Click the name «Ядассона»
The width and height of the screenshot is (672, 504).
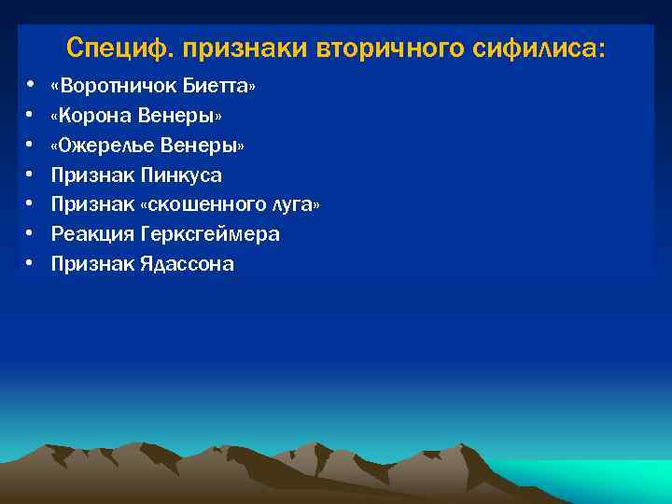pos(188,264)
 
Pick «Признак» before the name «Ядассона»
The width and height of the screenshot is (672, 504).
pos(92,264)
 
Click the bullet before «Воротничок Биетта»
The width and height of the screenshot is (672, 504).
pos(30,86)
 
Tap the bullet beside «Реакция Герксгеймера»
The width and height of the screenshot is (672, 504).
pos(30,234)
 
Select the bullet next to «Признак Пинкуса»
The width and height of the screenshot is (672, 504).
pos(30,175)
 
